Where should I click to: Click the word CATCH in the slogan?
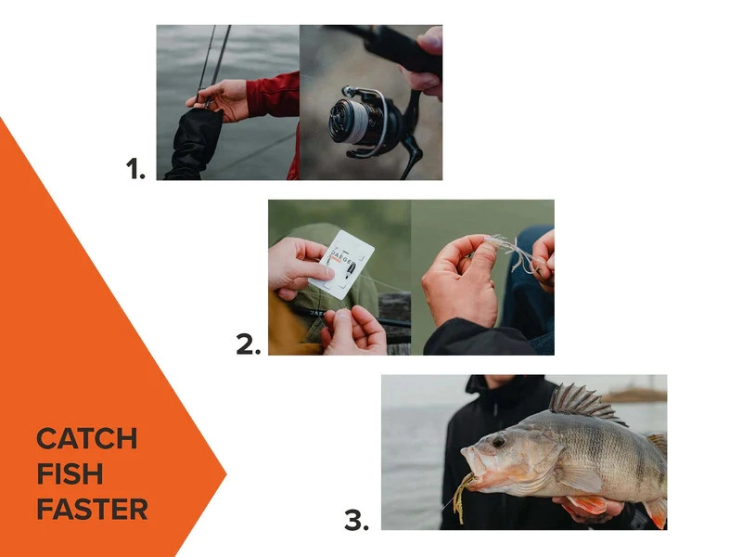pos(86,438)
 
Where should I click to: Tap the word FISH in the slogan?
pos(70,473)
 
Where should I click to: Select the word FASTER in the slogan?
pos(92,509)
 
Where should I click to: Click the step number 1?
pos(135,169)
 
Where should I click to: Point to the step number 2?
pos(249,344)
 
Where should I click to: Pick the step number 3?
pos(356,521)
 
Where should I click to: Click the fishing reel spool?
pos(350,121)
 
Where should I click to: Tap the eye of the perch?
pos(499,442)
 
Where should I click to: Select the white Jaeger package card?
pos(340,264)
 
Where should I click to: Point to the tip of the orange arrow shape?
pos(226,474)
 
